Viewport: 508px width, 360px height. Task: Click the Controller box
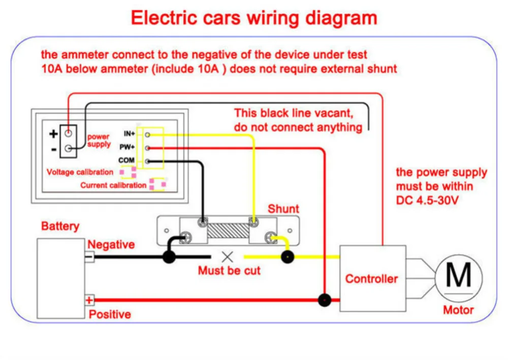372,278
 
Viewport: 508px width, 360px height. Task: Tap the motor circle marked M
458,278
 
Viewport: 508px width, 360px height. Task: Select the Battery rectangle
61,278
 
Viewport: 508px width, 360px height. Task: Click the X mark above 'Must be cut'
228,257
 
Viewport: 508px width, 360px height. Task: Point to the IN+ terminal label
129,134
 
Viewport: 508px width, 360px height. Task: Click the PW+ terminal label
127,147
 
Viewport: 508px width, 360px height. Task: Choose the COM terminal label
126,160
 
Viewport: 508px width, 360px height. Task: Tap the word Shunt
283,209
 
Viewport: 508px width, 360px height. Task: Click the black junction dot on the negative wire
169,257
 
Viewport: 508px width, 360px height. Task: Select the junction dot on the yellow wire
288,257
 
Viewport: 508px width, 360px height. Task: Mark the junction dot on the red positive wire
324,300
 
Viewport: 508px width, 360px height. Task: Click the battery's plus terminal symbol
89,300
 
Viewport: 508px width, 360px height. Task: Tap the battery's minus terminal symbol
89,257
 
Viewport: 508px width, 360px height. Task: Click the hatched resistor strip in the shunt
228,231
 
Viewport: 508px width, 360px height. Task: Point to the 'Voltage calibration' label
80,172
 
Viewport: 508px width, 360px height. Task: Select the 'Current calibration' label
113,185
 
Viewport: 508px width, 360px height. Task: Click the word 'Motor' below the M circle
458,310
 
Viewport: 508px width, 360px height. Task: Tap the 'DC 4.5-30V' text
427,200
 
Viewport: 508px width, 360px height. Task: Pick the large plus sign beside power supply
53,134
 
